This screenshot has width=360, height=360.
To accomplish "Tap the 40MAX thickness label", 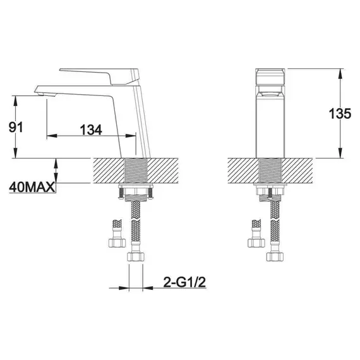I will [x=30, y=188].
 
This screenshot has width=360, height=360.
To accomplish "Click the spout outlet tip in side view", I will [x=43, y=92].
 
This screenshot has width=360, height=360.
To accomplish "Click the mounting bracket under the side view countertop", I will [x=136, y=191].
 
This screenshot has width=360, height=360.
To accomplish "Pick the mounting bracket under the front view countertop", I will [x=269, y=191].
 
